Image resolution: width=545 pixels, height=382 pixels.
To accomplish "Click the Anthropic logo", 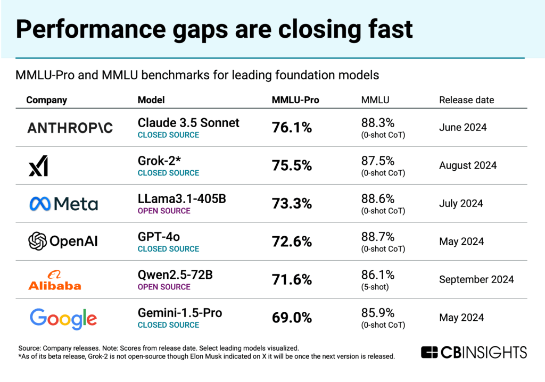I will pyautogui.click(x=70, y=128).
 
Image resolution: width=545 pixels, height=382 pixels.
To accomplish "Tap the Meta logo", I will pyautogui.click(x=63, y=204).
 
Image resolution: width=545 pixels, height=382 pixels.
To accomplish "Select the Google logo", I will pyautogui.click(x=63, y=319).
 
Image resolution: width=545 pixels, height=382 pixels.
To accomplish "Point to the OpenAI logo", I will pyautogui.click(x=63, y=242).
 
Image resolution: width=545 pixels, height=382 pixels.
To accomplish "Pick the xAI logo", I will pyautogui.click(x=38, y=166).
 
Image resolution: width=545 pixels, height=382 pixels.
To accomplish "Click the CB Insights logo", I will pyautogui.click(x=474, y=352).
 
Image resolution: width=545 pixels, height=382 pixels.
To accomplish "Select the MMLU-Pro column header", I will pyautogui.click(x=295, y=100).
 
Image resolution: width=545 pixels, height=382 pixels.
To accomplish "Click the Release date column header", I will pyautogui.click(x=466, y=100).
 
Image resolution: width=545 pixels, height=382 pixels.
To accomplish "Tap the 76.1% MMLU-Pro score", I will pyautogui.click(x=292, y=128).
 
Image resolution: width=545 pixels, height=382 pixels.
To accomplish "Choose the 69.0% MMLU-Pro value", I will pyautogui.click(x=292, y=318).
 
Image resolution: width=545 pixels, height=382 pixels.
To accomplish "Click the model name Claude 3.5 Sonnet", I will pyautogui.click(x=188, y=123).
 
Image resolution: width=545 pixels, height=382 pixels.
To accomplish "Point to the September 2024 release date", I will pyautogui.click(x=476, y=279).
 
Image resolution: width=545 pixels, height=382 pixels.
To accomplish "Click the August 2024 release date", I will pyautogui.click(x=468, y=165).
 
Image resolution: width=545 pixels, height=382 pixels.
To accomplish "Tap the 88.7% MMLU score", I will pyautogui.click(x=378, y=237).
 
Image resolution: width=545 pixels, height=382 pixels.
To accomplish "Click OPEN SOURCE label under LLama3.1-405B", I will pyautogui.click(x=164, y=211).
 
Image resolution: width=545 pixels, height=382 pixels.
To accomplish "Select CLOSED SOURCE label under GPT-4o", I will pyautogui.click(x=168, y=249).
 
